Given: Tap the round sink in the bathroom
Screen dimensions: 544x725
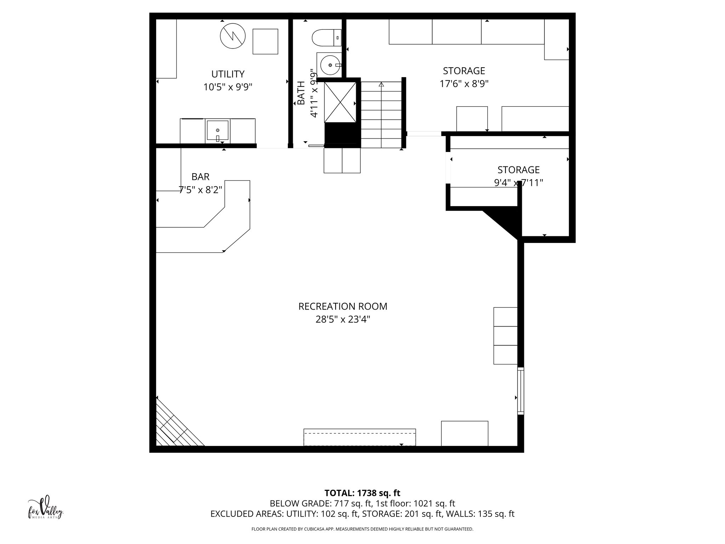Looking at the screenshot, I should click(x=330, y=65).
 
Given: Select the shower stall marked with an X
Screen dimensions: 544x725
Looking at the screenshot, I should click(x=340, y=102).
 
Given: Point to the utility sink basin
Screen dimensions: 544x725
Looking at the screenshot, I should click(x=217, y=131).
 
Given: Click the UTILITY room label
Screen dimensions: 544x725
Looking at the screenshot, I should click(x=228, y=74).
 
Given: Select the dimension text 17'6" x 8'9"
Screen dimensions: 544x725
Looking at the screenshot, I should click(x=464, y=84).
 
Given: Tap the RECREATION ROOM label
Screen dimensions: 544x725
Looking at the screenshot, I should click(x=343, y=306).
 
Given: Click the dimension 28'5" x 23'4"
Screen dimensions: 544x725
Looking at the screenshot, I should click(x=343, y=320).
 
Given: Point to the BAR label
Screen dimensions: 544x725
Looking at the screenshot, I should click(x=200, y=177).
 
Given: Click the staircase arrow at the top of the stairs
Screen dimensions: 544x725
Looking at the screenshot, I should click(x=381, y=85).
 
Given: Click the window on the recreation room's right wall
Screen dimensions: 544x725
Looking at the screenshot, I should click(x=520, y=391).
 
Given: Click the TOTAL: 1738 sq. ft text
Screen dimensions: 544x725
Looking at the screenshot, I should click(x=362, y=493).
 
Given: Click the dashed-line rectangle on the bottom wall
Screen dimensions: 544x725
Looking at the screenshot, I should click(x=359, y=437).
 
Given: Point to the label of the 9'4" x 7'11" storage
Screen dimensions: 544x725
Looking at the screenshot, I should click(x=518, y=170).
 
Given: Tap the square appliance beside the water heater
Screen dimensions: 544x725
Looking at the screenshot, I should click(x=265, y=41).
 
